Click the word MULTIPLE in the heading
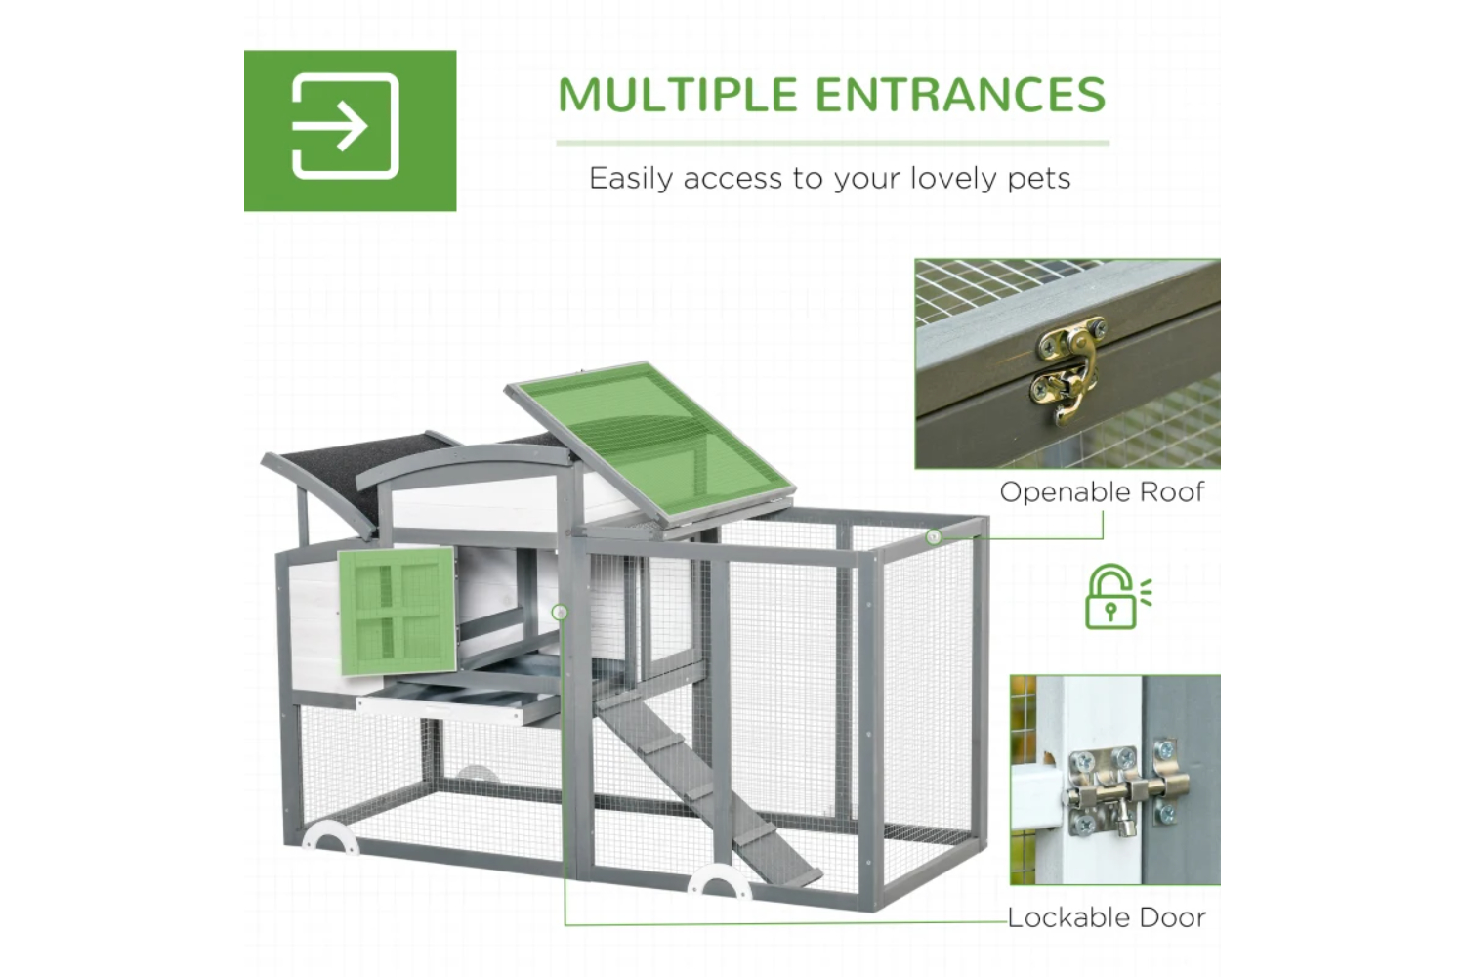click(x=677, y=95)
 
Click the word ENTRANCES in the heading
click(x=961, y=95)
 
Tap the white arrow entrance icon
click(x=346, y=126)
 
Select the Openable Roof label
click(x=1102, y=492)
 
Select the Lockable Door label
click(x=1107, y=917)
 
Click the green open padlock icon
click(x=1117, y=597)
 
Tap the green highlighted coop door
click(x=397, y=612)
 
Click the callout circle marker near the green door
click(x=560, y=613)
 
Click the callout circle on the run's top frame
click(x=934, y=537)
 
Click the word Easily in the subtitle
click(x=631, y=178)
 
